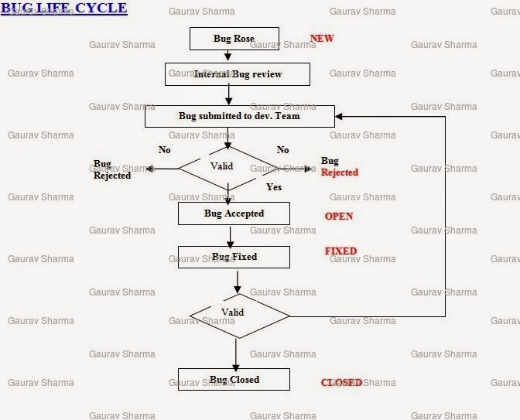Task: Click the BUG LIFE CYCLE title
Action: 64,8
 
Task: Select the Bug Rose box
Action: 234,39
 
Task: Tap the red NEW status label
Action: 322,39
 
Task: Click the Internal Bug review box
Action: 238,74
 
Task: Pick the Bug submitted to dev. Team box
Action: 240,116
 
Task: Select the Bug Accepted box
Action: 234,213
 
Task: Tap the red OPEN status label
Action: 339,216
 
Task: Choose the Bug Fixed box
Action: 234,257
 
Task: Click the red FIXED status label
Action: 340,251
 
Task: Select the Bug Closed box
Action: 234,379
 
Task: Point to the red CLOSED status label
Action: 341,383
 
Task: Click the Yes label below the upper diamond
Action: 274,187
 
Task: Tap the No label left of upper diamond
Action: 165,150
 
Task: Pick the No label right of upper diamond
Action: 283,150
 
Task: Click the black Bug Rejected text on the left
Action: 112,169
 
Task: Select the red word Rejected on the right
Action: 340,172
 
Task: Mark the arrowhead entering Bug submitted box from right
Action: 339,116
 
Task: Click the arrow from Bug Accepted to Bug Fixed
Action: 230,237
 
